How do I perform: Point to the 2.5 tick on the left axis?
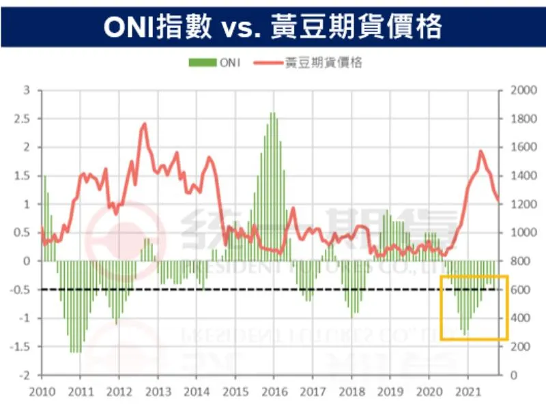(x=25, y=118)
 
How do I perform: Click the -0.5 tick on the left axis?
(x=23, y=289)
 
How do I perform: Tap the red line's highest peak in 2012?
(x=145, y=124)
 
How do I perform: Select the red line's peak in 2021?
(x=480, y=151)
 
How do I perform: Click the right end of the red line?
(x=499, y=201)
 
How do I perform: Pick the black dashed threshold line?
(x=205, y=289)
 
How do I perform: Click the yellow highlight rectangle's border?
(x=441, y=307)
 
